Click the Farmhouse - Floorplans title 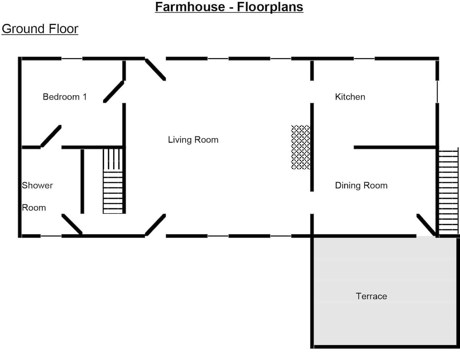[229, 7]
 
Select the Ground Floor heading [40, 29]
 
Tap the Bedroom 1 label [65, 97]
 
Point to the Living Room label [193, 140]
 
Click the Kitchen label [350, 97]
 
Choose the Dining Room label [361, 186]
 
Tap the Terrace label [371, 296]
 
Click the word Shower [37, 186]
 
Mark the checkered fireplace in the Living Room [301, 147]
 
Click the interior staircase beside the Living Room [113, 181]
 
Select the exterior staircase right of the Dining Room [449, 192]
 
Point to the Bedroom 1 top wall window [72, 59]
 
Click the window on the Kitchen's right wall [437, 92]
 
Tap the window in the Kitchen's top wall [364, 59]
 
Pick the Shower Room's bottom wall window [51, 236]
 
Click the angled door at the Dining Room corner [426, 225]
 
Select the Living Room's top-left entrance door [155, 69]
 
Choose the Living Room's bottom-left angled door [155, 225]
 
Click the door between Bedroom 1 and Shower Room [51, 136]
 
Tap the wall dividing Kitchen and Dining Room [395, 147]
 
